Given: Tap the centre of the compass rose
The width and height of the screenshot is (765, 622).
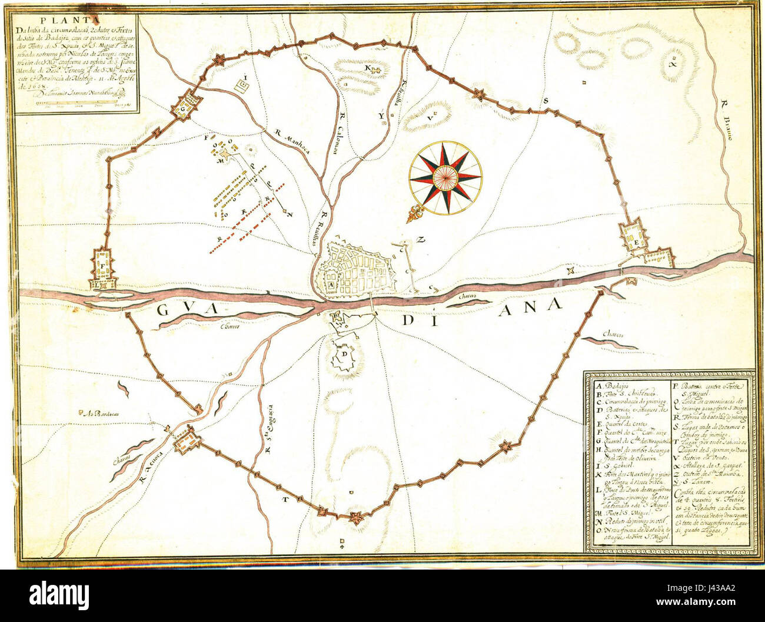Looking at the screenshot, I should (445, 177).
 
